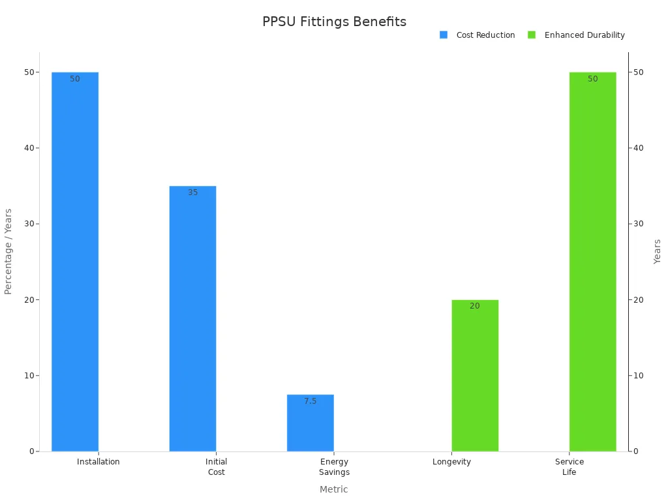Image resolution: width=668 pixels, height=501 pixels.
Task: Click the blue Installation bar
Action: (75, 261)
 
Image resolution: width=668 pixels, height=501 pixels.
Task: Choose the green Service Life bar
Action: (592, 261)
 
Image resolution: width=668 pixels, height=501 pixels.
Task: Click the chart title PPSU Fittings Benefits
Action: (334, 22)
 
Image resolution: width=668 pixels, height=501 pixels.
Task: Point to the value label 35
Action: (192, 192)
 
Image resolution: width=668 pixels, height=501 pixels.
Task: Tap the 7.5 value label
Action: (310, 401)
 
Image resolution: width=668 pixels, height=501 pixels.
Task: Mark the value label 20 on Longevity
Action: (475, 306)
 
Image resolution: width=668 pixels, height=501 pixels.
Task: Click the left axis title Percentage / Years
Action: (8, 251)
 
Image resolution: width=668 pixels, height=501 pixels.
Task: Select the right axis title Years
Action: (657, 251)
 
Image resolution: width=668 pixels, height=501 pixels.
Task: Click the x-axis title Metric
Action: (334, 489)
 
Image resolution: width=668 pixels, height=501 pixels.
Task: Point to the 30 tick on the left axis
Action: (29, 224)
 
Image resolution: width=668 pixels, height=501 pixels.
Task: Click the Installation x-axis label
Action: (99, 462)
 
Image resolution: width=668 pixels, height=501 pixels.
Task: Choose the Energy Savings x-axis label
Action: (334, 467)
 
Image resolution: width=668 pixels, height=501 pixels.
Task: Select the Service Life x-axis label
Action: (569, 467)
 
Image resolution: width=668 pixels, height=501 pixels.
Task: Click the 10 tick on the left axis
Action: (29, 376)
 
